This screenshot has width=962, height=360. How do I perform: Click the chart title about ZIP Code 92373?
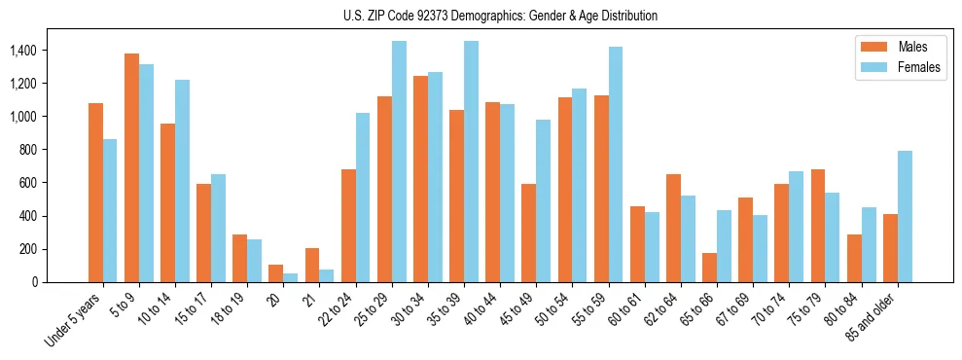[x=500, y=16]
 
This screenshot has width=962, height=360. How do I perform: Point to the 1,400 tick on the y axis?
[x=24, y=51]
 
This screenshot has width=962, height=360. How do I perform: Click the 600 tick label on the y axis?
[x=29, y=183]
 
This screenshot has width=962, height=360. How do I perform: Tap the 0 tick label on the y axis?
[x=35, y=282]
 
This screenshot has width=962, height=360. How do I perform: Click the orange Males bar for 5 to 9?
[x=131, y=167]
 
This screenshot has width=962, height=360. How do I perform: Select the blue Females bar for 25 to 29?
[x=399, y=162]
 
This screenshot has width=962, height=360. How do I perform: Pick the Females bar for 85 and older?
[x=905, y=216]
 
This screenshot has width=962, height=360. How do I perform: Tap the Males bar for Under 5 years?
[x=95, y=193]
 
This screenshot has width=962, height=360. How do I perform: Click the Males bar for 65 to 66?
[x=709, y=268]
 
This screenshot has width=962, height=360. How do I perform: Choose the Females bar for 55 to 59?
[x=616, y=164]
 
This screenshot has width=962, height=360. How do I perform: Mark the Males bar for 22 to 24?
[x=348, y=226]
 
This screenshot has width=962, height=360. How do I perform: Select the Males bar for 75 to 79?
[x=818, y=226]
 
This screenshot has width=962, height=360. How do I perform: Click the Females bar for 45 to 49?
[x=544, y=200]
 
